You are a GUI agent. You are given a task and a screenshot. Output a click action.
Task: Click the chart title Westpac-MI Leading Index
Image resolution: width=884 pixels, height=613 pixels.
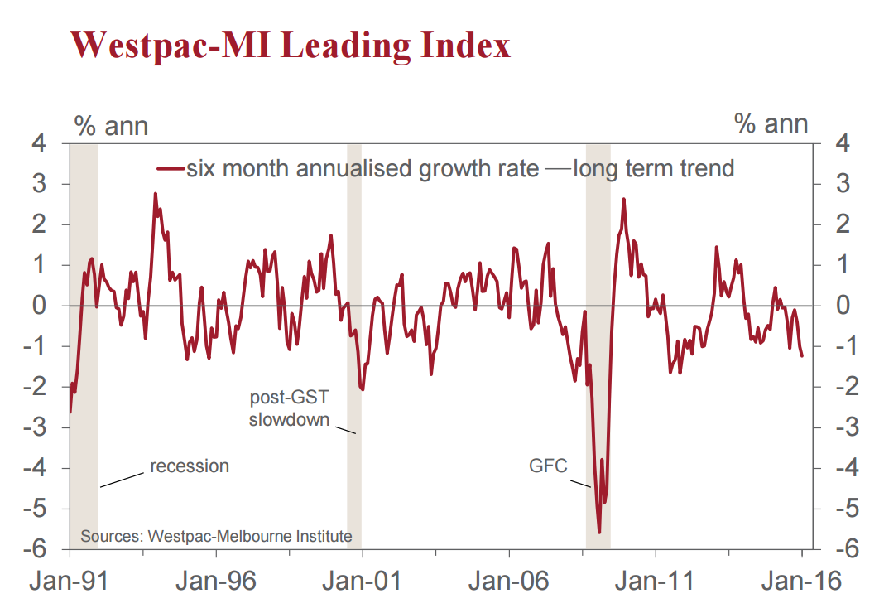click(291, 45)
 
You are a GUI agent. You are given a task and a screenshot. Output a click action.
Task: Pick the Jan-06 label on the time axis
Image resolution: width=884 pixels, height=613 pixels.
click(509, 580)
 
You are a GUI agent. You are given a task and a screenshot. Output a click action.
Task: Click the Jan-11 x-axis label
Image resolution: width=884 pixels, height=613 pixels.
click(656, 580)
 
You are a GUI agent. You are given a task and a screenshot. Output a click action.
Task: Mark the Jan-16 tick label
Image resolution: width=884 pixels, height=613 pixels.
click(802, 580)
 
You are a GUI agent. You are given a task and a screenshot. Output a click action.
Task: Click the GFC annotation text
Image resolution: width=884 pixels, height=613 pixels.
click(548, 466)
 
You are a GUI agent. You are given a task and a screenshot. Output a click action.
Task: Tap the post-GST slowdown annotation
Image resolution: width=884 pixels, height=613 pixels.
click(289, 408)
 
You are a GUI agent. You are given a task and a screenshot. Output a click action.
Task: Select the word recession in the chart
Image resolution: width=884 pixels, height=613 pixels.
click(190, 466)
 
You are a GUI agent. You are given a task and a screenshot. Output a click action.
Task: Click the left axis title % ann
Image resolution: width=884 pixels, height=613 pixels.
click(111, 125)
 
